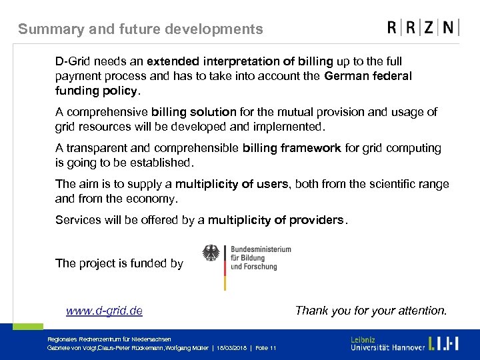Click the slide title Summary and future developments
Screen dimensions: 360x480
141,29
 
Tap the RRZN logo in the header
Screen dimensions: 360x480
423,28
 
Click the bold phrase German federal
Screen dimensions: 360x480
368,76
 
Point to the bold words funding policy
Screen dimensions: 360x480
97,91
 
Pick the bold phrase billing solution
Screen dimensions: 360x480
193,112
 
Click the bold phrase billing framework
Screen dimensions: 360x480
291,148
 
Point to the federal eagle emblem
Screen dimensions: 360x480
211,253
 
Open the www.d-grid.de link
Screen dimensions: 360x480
104,311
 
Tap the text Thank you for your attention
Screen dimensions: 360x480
371,311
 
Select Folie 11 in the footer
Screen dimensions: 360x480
265,349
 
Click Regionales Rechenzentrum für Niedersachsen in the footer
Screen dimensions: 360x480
109,339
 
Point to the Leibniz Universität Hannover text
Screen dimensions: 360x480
387,343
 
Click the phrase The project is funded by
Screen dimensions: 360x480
119,263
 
